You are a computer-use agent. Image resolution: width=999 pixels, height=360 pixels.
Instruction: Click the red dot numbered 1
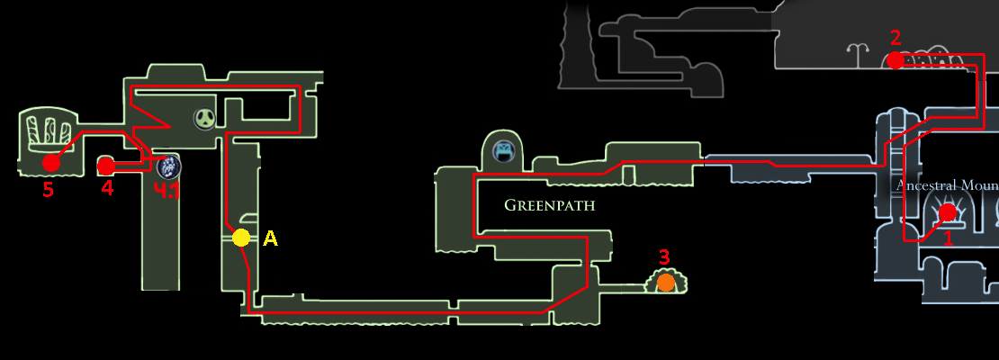click(x=947, y=212)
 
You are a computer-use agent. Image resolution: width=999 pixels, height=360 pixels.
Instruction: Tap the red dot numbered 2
click(x=895, y=60)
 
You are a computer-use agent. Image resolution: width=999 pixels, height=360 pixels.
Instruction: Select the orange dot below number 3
click(x=665, y=283)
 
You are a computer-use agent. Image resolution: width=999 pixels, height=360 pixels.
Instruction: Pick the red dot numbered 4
click(x=105, y=166)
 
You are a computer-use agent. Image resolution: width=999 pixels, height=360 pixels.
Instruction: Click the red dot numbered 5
click(x=50, y=163)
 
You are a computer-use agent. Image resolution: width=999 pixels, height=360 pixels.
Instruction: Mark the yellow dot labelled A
click(x=240, y=238)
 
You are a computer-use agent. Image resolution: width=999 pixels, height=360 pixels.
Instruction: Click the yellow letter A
click(x=269, y=238)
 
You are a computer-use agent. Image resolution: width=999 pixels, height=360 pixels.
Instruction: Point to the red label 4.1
click(x=167, y=191)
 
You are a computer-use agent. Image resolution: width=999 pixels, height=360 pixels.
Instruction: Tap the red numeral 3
click(x=664, y=257)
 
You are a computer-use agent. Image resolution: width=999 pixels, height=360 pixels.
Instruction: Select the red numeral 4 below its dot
click(x=107, y=189)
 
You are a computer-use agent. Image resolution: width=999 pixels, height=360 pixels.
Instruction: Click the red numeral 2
click(x=895, y=38)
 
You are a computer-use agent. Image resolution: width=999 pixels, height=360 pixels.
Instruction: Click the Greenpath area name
click(x=549, y=205)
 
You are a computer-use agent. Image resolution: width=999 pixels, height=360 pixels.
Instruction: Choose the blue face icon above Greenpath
click(x=504, y=150)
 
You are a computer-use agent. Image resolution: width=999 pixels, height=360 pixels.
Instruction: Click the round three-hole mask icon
click(x=207, y=117)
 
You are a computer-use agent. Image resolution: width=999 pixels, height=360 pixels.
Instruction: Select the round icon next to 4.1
click(x=167, y=166)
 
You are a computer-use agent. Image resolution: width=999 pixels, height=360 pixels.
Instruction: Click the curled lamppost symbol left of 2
click(x=864, y=57)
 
